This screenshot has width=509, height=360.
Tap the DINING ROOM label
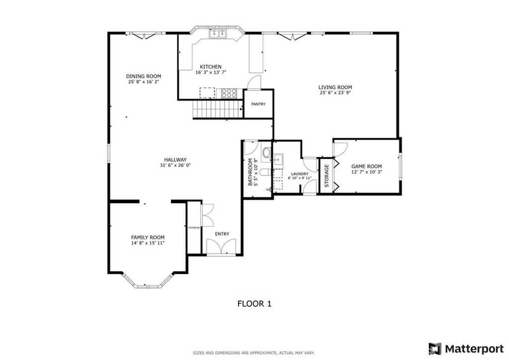coord(144,76)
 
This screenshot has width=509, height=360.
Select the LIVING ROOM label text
coord(335,88)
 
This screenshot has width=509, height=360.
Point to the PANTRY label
coord(258,104)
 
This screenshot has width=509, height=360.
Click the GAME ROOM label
coord(366,167)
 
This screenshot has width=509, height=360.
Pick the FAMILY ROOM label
coord(148,238)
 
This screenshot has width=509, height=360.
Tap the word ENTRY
coord(222,234)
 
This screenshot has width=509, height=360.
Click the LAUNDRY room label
coord(300,174)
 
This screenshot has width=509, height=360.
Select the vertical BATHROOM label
coord(251,172)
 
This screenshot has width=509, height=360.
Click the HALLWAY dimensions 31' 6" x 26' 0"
coord(175,165)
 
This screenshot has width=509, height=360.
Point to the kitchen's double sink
coord(218,34)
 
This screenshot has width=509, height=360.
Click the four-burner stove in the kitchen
coord(229,93)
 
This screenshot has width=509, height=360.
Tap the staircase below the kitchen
coord(218,109)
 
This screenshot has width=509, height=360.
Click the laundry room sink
coord(278,160)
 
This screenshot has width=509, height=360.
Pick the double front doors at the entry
coord(221,247)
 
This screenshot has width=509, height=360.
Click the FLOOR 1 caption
coord(254,304)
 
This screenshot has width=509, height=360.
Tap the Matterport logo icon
coord(435,349)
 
